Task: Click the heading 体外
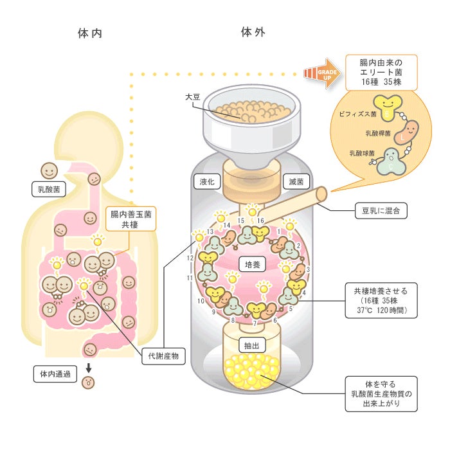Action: [253, 32]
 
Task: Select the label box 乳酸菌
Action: [49, 189]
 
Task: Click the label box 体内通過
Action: [51, 373]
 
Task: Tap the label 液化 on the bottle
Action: [208, 182]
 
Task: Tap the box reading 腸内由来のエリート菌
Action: [381, 73]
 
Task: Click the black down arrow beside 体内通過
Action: [89, 370]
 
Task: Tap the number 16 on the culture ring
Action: [261, 221]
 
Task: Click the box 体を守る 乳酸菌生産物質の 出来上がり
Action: [381, 393]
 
